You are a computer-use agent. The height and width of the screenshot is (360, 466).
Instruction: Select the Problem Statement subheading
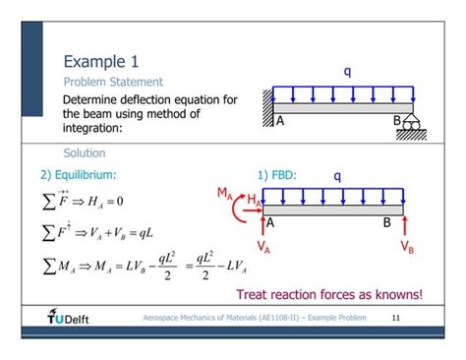pyautogui.click(x=112, y=82)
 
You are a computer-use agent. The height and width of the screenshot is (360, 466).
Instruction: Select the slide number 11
pyautogui.click(x=396, y=318)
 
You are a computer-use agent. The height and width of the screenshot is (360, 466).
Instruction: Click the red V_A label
pyautogui.click(x=263, y=247)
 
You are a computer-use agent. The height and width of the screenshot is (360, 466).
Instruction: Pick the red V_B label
pyautogui.click(x=406, y=247)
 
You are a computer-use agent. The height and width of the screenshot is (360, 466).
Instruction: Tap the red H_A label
pyautogui.click(x=253, y=200)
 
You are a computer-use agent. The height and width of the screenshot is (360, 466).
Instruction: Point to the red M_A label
pyautogui.click(x=225, y=193)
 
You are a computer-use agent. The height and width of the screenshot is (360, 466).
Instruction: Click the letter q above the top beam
pyautogui.click(x=347, y=71)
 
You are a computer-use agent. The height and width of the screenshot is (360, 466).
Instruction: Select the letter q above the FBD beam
pyautogui.click(x=336, y=176)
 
